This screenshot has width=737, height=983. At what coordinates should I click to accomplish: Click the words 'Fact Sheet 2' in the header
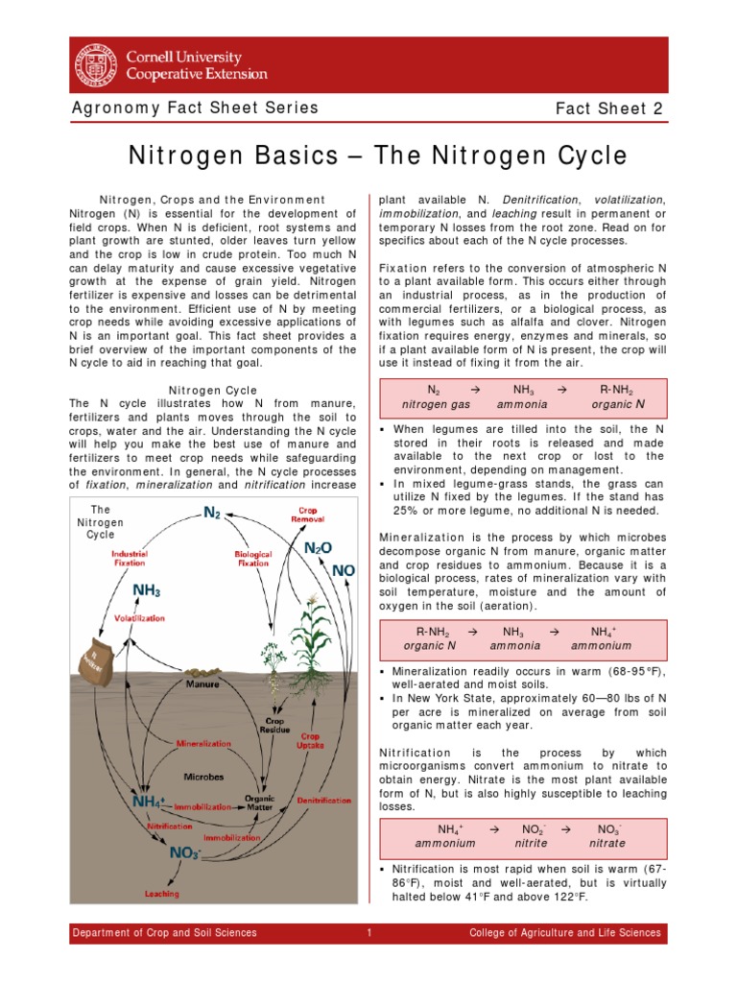[609, 108]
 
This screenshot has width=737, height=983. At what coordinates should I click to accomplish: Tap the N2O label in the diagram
[318, 548]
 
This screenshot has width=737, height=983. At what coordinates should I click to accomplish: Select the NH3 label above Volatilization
[146, 589]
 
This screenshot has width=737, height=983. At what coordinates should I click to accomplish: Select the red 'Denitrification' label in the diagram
[323, 800]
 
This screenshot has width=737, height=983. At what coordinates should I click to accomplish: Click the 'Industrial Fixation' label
[129, 558]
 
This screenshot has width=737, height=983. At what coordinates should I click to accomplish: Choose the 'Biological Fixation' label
[252, 559]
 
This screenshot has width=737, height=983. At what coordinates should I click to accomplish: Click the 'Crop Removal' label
[306, 515]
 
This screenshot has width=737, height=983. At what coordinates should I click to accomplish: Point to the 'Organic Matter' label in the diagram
[259, 803]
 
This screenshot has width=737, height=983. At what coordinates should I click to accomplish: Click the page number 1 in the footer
[368, 932]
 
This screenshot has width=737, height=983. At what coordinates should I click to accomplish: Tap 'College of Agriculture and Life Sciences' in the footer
[564, 932]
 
